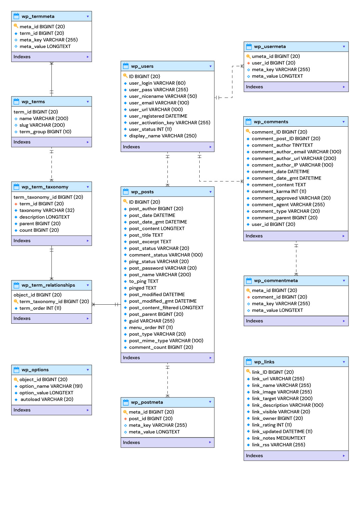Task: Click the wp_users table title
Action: tap(142, 66)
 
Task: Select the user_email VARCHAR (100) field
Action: tap(159, 103)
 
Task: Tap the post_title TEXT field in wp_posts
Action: tap(146, 235)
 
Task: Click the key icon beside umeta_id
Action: tap(248, 56)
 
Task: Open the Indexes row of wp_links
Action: tap(296, 456)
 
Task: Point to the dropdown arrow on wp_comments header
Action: tap(343, 122)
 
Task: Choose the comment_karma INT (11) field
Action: tap(279, 192)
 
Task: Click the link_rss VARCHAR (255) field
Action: tap(278, 445)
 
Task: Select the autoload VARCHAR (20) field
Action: tap(47, 400)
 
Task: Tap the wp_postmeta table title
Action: tap(147, 402)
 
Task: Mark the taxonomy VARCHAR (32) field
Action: tap(47, 211)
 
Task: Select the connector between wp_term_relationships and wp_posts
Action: tap(106, 305)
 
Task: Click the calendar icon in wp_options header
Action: tap(16, 370)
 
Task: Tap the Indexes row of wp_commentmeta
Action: tap(296, 321)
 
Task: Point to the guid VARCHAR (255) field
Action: tap(152, 321)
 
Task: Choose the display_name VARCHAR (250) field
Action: tap(163, 136)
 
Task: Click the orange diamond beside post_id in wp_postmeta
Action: tap(125, 419)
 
